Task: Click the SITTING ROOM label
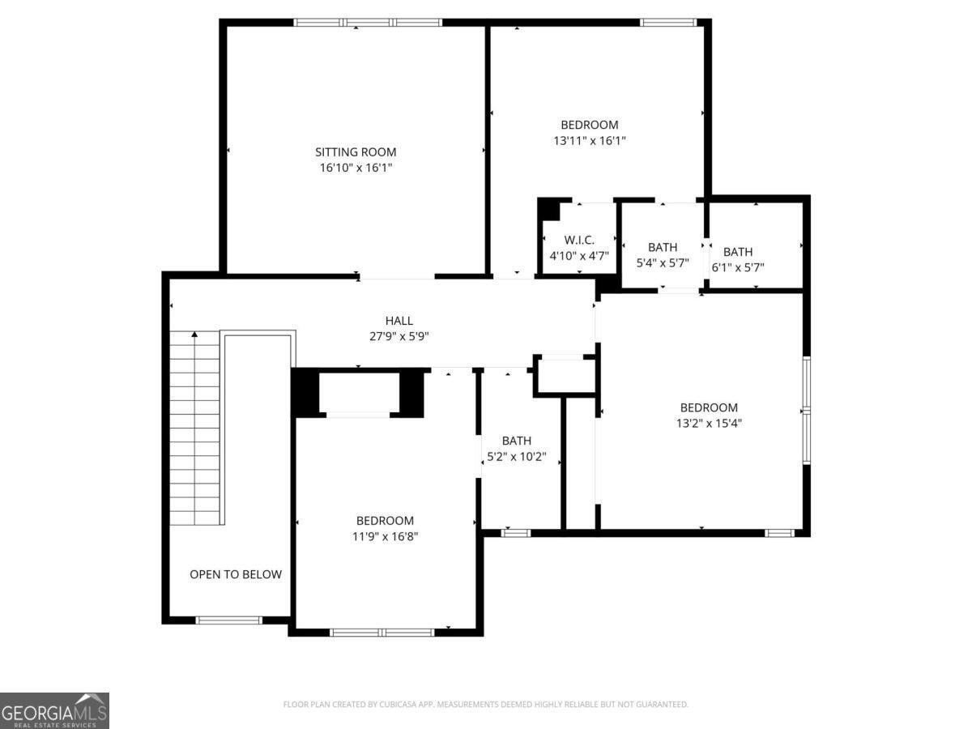tap(356, 151)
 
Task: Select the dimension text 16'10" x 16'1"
tap(356, 168)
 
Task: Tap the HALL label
tap(399, 321)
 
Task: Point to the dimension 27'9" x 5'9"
tap(399, 336)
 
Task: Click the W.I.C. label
tap(579, 240)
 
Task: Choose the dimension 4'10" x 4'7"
tap(579, 255)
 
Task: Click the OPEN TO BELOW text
tap(236, 574)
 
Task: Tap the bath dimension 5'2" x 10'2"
tap(516, 456)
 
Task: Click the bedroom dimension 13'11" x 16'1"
tap(590, 140)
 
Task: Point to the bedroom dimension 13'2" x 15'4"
tap(709, 423)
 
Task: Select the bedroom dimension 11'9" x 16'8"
tap(385, 535)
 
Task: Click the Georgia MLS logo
tap(54, 710)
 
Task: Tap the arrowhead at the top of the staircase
tap(194, 334)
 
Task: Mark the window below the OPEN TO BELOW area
tap(229, 620)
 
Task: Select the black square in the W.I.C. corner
tap(549, 209)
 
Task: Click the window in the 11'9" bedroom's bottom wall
tap(382, 632)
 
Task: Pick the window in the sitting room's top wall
tap(368, 23)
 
